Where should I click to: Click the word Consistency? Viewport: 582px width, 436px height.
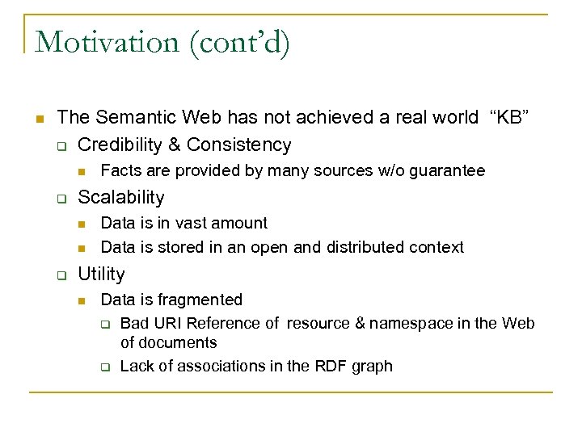tap(238, 145)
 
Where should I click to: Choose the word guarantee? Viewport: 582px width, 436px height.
tap(449, 171)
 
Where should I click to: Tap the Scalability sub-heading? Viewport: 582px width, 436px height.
tap(120, 197)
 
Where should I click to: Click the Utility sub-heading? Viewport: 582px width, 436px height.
tap(101, 274)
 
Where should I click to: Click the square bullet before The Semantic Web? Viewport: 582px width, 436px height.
tap(38, 119)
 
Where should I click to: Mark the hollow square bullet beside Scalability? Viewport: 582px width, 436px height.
tap(61, 199)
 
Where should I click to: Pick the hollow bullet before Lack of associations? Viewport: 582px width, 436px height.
tap(104, 367)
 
